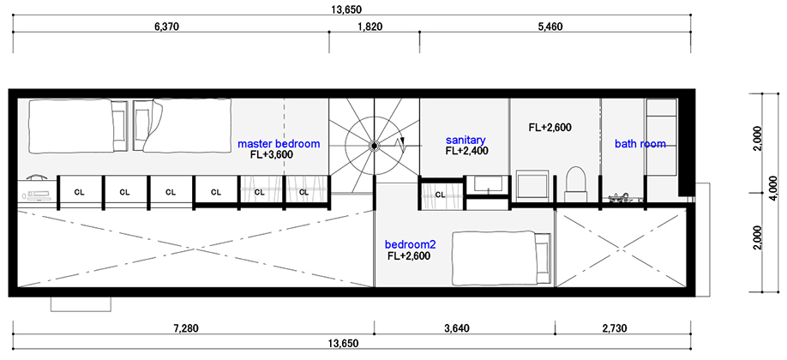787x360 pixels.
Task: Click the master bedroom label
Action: (279, 144)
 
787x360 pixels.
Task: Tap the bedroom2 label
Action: (410, 245)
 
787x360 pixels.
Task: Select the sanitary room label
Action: (466, 139)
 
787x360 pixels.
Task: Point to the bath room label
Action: (640, 144)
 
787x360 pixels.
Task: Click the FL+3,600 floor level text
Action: (272, 155)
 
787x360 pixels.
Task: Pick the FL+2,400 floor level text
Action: (467, 150)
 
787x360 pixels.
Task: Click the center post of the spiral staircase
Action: (374, 146)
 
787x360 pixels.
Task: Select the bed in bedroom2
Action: (502, 258)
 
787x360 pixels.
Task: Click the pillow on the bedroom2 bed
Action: (542, 258)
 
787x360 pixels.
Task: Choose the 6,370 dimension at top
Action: (166, 27)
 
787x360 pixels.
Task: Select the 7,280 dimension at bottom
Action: (186, 329)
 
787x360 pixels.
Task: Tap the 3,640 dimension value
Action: (457, 329)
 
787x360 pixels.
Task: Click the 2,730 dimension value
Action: (614, 329)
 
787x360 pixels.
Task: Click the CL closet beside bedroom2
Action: (440, 195)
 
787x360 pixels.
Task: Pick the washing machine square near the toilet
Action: (532, 186)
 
